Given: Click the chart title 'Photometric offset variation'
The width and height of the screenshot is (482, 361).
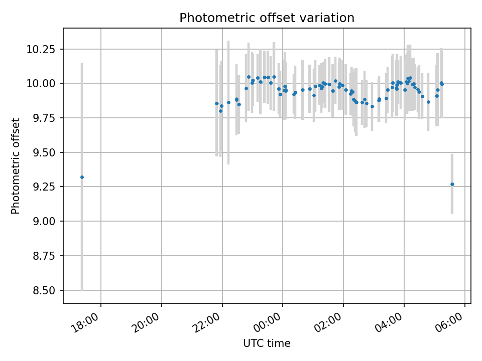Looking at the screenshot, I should [267, 18].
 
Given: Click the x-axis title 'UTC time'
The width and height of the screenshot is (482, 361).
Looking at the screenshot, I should [267, 343].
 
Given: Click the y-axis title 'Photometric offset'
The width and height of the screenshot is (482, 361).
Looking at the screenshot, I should [16, 166].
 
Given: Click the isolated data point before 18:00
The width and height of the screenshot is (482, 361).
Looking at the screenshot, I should [82, 177].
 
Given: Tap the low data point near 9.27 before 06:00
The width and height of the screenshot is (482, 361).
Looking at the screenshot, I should [452, 184].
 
